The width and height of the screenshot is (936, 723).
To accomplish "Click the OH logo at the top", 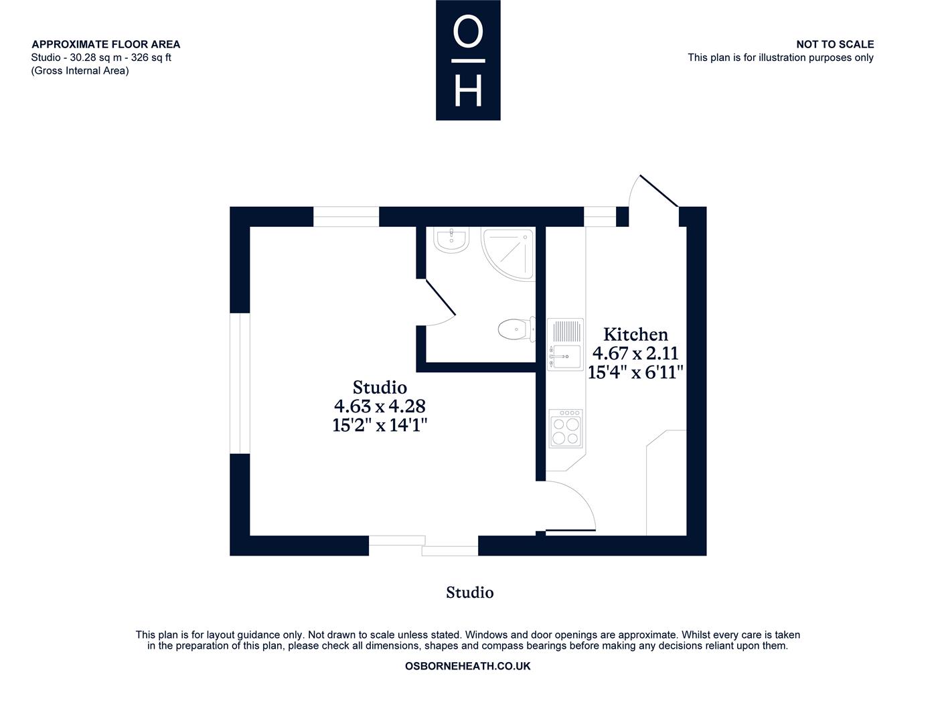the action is pyautogui.click(x=468, y=60).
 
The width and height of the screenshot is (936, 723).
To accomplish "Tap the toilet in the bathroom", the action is pyautogui.click(x=517, y=329).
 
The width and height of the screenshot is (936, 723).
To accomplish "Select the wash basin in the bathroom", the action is pyautogui.click(x=451, y=240).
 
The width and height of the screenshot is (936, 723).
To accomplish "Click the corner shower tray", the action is pyautogui.click(x=508, y=254).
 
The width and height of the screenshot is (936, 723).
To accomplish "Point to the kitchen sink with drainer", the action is pyautogui.click(x=565, y=345).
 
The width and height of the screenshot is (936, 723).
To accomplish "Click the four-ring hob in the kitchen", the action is pyautogui.click(x=566, y=428).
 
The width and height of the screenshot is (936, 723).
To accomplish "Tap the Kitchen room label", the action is pyautogui.click(x=635, y=335).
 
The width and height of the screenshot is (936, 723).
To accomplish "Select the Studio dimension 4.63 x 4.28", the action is pyautogui.click(x=380, y=406).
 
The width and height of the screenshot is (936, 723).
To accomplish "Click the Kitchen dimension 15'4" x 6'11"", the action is pyautogui.click(x=635, y=372).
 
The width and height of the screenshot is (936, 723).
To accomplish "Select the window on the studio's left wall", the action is pyautogui.click(x=240, y=383).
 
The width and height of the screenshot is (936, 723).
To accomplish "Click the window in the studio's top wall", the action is pyautogui.click(x=346, y=217).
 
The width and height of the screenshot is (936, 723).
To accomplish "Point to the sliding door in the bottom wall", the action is pyautogui.click(x=423, y=546).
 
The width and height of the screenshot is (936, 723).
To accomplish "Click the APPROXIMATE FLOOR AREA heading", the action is pyautogui.click(x=106, y=44).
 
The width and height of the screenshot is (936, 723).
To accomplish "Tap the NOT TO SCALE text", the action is pyautogui.click(x=835, y=44).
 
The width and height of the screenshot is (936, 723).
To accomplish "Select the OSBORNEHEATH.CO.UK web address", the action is pyautogui.click(x=468, y=666).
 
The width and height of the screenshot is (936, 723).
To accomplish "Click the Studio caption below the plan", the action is pyautogui.click(x=469, y=592).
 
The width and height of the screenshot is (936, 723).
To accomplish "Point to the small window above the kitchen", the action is pyautogui.click(x=600, y=217).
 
